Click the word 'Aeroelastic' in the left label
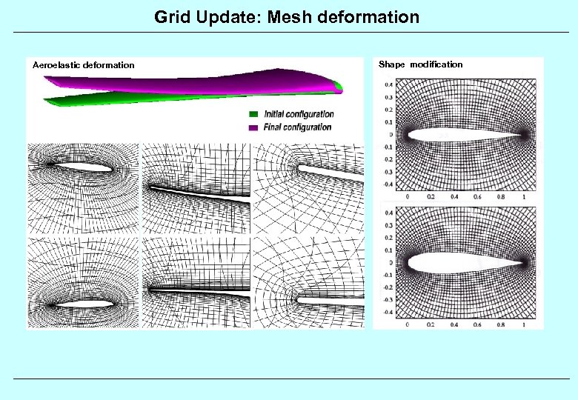coord(56,65)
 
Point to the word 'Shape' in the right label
coord(392,64)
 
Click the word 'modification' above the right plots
coord(436,64)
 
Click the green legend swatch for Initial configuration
coord(253,115)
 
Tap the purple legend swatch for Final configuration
coord(253,127)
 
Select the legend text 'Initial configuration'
coord(299,115)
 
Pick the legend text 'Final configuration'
coord(298,127)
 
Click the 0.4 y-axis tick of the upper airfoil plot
coord(388,84)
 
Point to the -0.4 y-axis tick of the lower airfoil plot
coord(388,313)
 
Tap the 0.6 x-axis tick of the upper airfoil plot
coord(477,198)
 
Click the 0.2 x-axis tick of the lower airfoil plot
coord(431,325)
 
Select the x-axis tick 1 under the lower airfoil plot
coord(524,325)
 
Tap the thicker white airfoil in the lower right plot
coord(452,262)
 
